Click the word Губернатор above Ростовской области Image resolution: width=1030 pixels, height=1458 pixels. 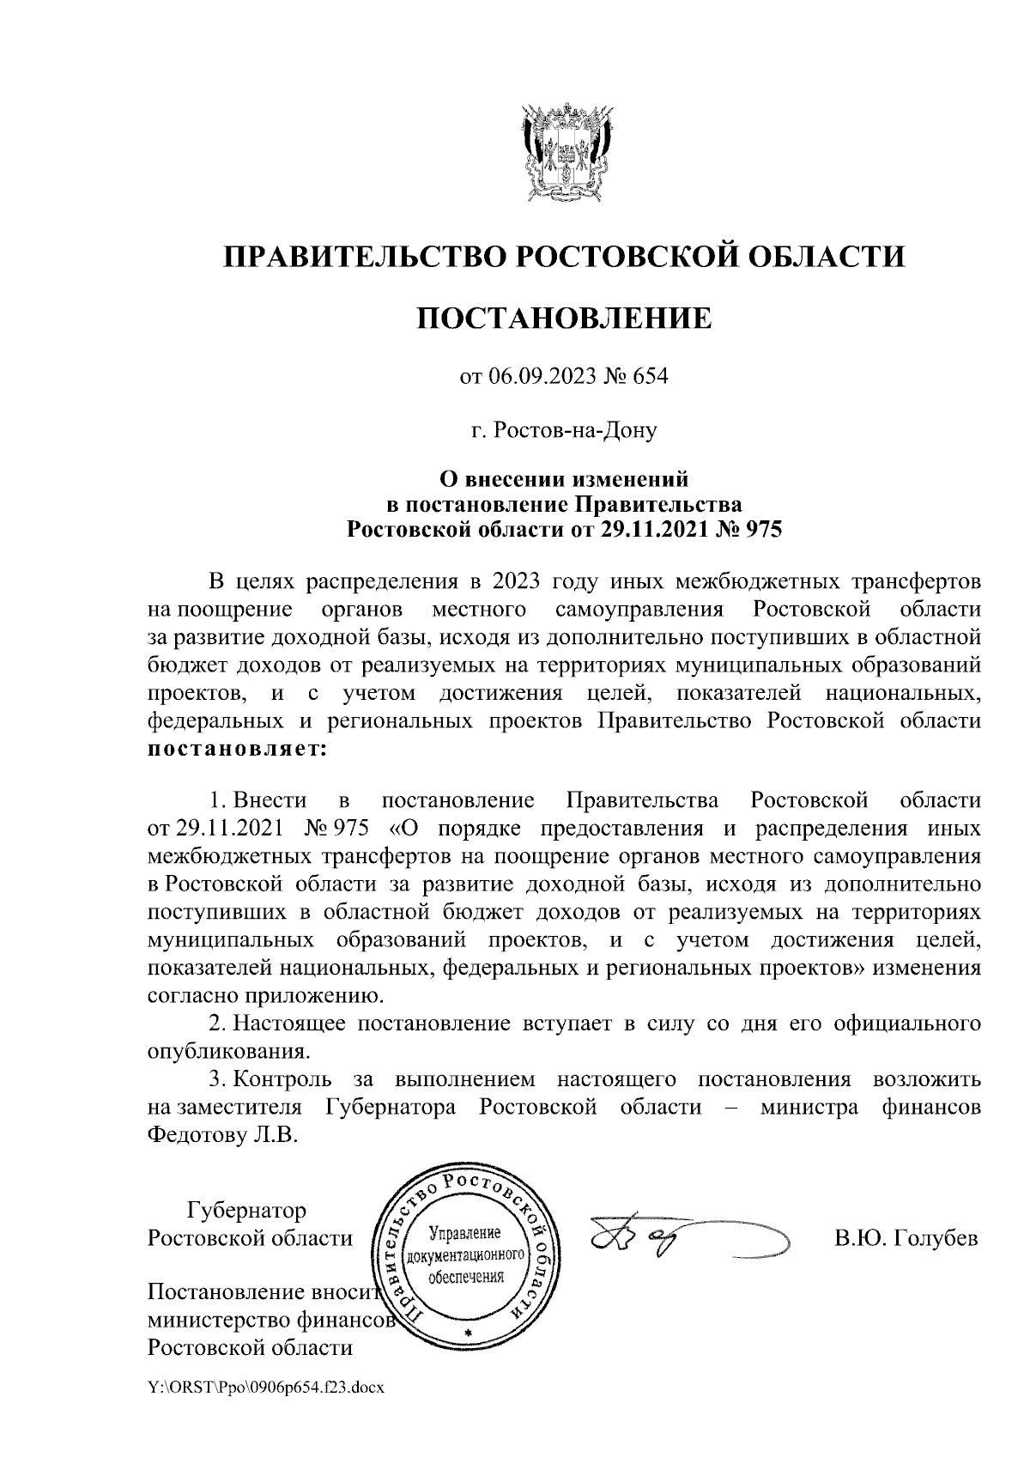click(246, 1212)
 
